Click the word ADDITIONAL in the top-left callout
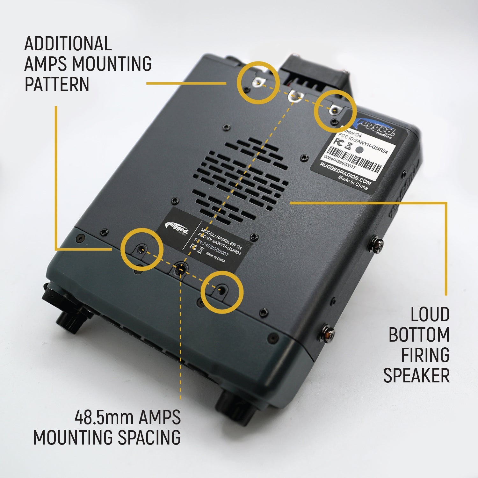pos(68,44)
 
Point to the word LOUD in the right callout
pos(430,315)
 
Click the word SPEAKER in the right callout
pos(416,375)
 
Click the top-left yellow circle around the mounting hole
pos(258,83)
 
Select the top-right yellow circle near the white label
pos(334,111)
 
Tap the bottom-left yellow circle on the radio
pos(142,250)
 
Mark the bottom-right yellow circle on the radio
pos(222,292)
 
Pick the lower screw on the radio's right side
pos(328,333)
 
